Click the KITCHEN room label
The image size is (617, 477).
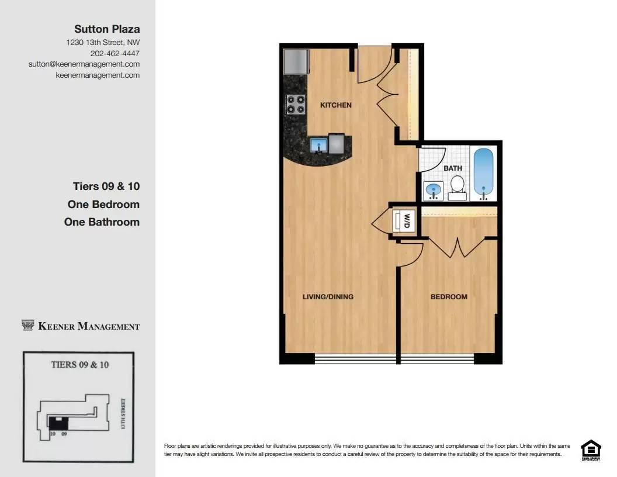point(336,105)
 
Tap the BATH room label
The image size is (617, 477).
point(453,168)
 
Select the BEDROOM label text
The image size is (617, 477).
point(449,297)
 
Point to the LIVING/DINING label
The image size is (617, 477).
point(328,297)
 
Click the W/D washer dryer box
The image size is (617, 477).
point(404,222)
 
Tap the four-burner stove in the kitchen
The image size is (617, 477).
point(296,104)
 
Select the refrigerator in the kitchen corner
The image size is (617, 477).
point(296,61)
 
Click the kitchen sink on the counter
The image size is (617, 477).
point(318,144)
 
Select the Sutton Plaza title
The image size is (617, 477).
point(107,29)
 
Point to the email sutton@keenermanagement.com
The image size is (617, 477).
point(84,64)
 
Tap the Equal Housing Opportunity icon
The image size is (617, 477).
point(590,450)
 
